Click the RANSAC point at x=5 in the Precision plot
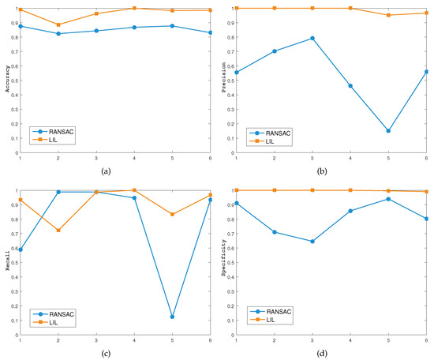(x=388, y=131)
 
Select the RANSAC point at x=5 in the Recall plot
(x=172, y=317)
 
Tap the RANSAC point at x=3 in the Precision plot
(x=312, y=38)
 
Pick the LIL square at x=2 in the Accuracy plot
(x=58, y=25)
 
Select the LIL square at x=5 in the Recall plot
(x=172, y=214)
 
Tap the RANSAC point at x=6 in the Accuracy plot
(x=210, y=32)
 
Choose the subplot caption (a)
(x=115, y=170)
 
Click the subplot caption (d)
(x=331, y=352)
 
